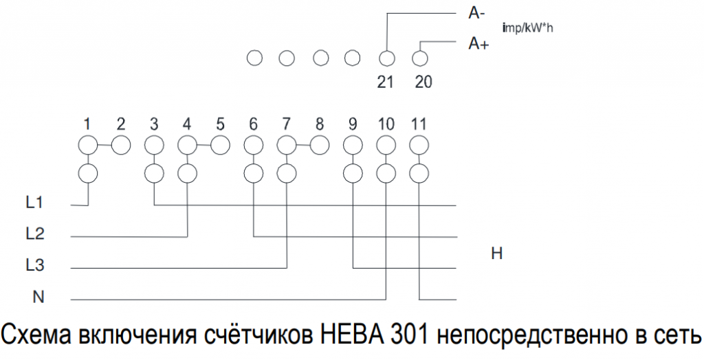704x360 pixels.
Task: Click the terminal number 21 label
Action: tap(385, 82)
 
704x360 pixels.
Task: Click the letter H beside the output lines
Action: tap(497, 254)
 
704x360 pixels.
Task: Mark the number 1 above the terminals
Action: tap(87, 124)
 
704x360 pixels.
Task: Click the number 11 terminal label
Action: tap(418, 124)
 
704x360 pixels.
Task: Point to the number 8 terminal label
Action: tap(319, 124)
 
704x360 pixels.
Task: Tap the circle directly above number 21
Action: tap(386, 58)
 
